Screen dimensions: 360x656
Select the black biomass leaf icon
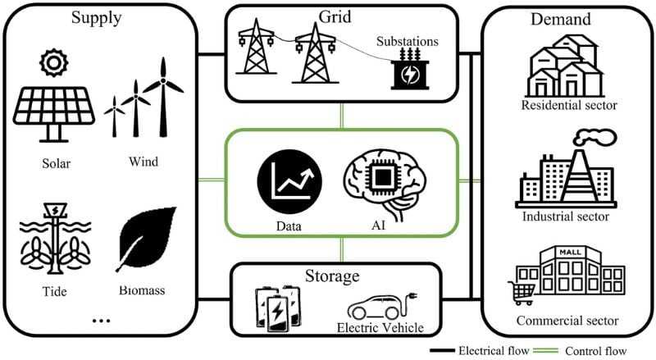point(145,242)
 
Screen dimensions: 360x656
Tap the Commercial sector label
point(568,320)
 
